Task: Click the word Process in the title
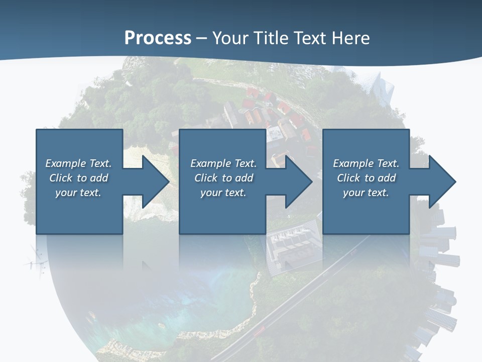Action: [x=158, y=38]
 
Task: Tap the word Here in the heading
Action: [x=351, y=38]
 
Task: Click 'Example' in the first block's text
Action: [x=65, y=163]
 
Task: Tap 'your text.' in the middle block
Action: [x=223, y=193]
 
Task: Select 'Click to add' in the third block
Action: [x=366, y=178]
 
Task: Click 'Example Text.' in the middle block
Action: [x=223, y=163]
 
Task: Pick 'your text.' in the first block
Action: [x=78, y=193]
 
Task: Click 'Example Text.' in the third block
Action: [x=366, y=163]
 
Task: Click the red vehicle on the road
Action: [x=259, y=330]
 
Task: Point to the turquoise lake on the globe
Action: [x=201, y=302]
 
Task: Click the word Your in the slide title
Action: [x=229, y=38]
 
